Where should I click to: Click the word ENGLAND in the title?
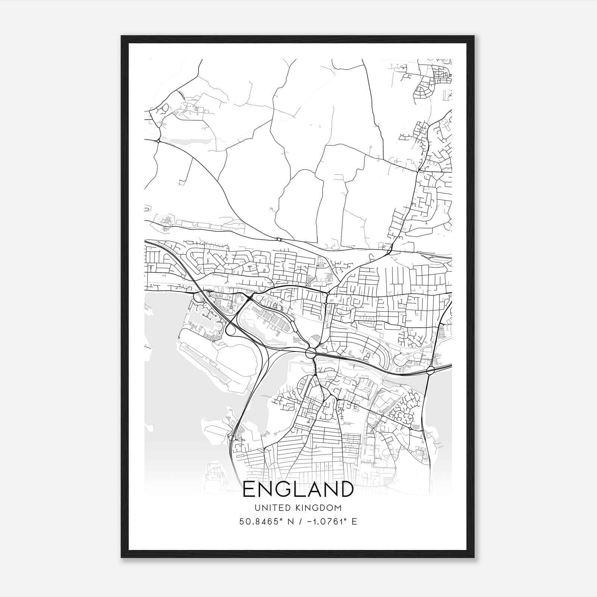298,489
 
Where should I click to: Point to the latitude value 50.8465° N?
266,522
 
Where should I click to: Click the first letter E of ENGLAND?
249,489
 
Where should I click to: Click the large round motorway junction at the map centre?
310,353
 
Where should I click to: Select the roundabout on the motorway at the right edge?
430,371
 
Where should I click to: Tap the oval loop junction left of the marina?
231,329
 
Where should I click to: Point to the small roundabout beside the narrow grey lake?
159,141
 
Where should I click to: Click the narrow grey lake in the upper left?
187,142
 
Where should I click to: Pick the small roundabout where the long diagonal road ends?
278,239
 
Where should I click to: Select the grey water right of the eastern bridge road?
442,396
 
